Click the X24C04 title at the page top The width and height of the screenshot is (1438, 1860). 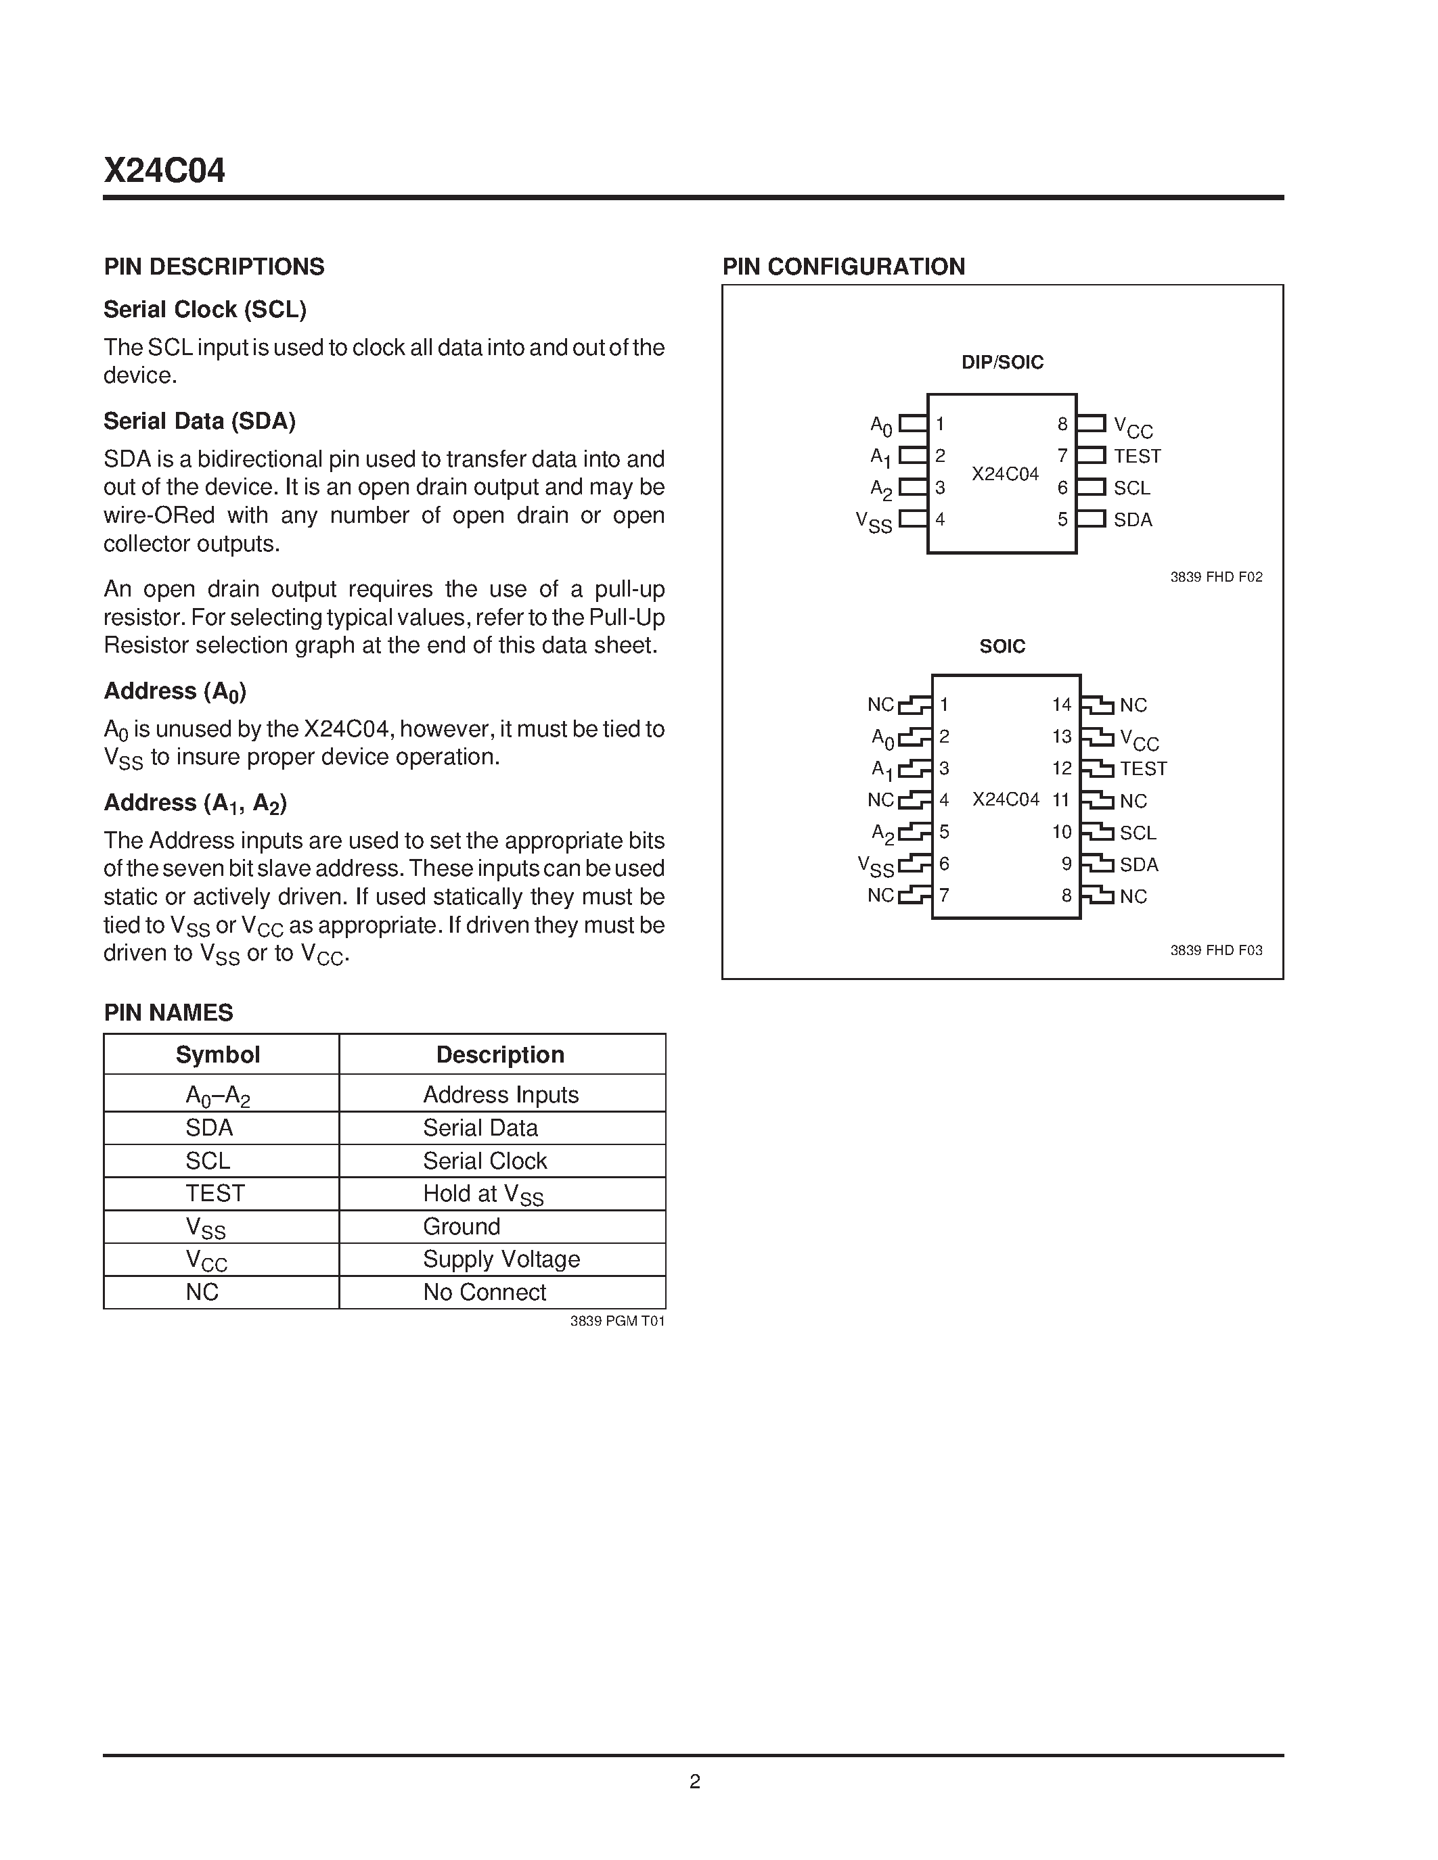tap(164, 171)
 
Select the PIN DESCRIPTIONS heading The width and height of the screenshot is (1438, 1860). tap(214, 266)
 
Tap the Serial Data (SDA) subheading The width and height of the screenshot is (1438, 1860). tap(200, 421)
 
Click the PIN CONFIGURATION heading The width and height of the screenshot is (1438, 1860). tap(843, 266)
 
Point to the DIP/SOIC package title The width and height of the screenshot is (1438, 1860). tap(1002, 362)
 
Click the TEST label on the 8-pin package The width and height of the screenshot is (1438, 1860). tap(1136, 457)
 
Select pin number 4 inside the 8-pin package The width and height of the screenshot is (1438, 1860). tap(941, 519)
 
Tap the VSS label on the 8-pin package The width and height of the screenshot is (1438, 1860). tap(874, 521)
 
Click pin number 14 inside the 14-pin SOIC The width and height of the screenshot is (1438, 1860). tap(1062, 704)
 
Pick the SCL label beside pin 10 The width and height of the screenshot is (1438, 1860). tap(1138, 833)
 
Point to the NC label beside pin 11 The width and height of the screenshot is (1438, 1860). tap(1133, 801)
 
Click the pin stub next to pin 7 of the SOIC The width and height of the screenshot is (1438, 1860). tap(915, 895)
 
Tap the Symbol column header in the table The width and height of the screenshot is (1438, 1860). tap(217, 1054)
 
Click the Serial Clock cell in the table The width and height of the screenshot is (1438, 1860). tap(485, 1161)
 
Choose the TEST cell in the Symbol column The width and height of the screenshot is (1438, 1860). tap(215, 1193)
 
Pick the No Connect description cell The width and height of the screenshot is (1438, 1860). tap(484, 1292)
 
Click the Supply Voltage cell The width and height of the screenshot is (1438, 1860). tap(501, 1259)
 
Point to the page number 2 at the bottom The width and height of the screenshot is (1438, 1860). tap(694, 1781)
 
